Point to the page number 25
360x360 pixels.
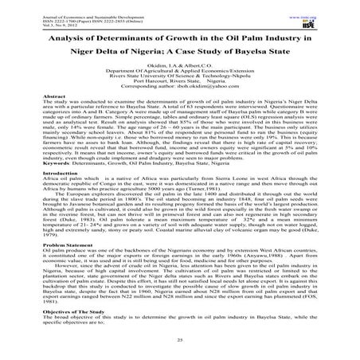tap(180, 339)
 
